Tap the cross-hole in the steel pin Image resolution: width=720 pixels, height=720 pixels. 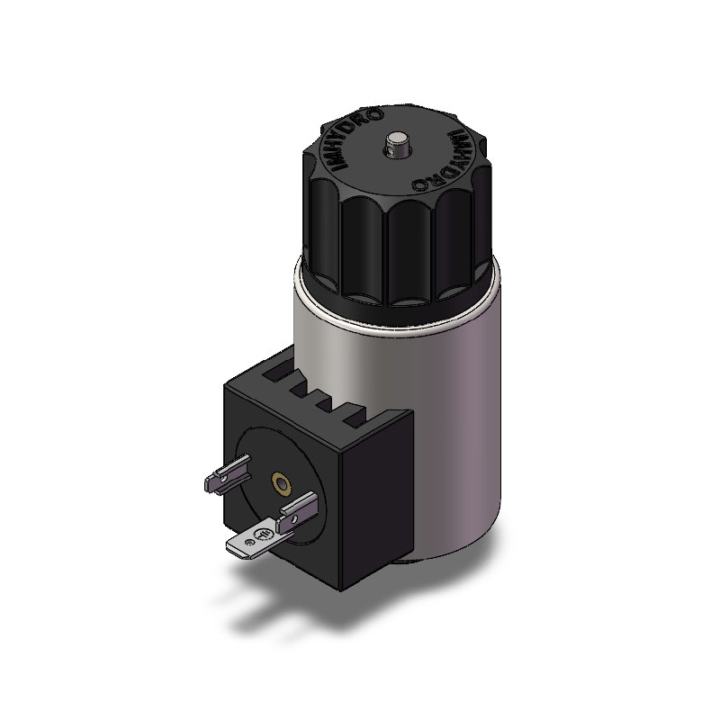pos(391,150)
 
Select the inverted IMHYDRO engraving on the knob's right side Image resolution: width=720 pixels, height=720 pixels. pos(445,160)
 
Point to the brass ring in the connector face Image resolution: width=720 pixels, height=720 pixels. pos(281,482)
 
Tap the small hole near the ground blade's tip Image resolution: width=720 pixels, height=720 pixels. pos(250,543)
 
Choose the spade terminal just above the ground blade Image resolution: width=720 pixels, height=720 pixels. pos(297,512)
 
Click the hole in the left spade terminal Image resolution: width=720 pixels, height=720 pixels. pos(222,479)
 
